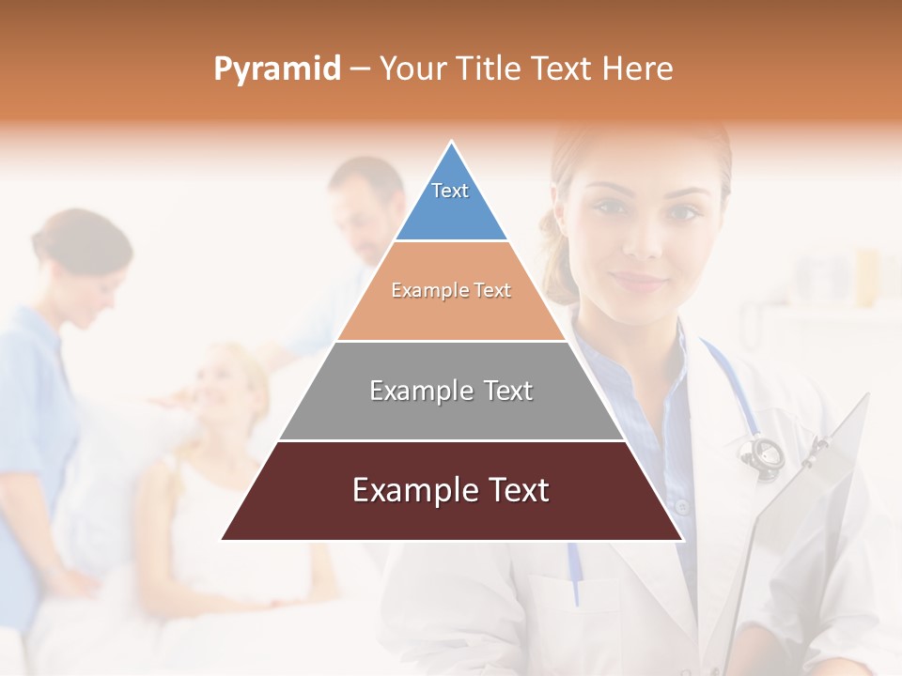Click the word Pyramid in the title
click(277, 69)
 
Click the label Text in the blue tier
click(450, 191)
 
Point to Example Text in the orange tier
click(451, 291)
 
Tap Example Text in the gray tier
click(451, 391)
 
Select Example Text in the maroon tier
click(451, 490)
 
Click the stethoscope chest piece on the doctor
click(762, 453)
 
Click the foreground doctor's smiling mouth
click(639, 280)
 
